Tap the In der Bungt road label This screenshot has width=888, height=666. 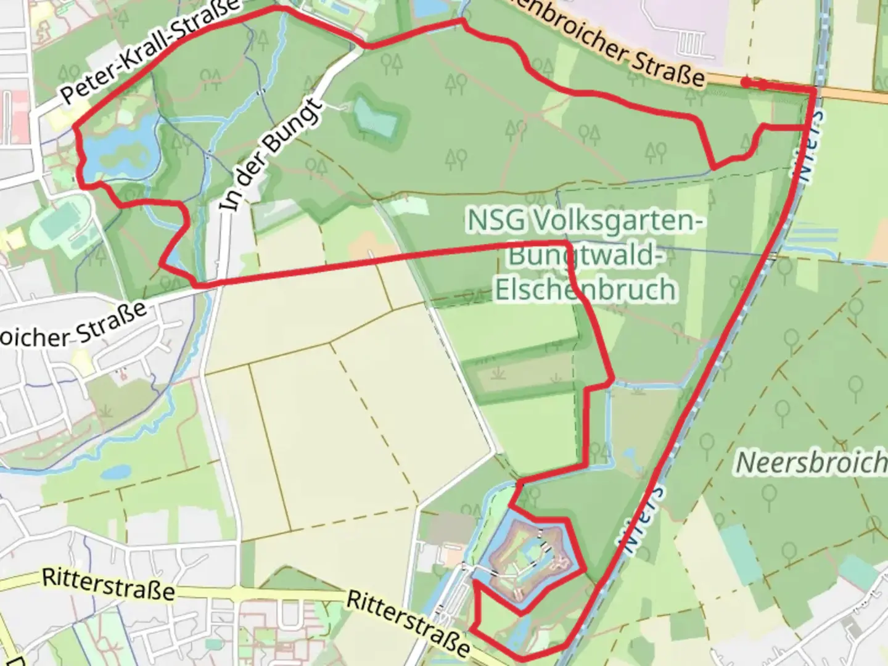pyautogui.click(x=271, y=154)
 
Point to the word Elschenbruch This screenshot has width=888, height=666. pyautogui.click(x=585, y=289)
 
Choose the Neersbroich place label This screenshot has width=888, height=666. pyautogui.click(x=812, y=462)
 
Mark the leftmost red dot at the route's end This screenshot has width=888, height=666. pyautogui.click(x=746, y=82)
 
